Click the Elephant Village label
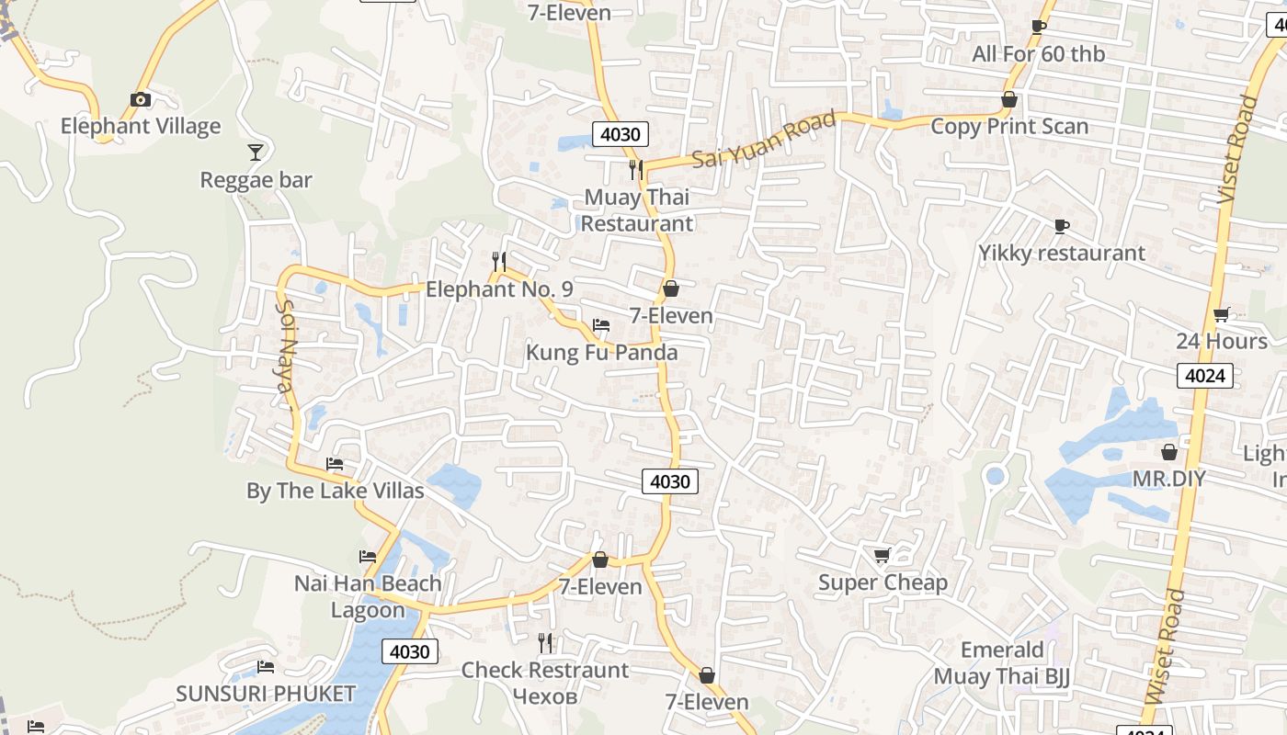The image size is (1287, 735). coord(141,126)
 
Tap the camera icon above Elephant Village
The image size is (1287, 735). coord(141,99)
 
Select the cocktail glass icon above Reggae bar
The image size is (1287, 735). coord(256,152)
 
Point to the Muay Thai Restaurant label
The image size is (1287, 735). coord(636,210)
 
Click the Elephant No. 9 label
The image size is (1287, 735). coord(499,289)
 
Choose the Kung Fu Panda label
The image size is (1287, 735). coord(601,353)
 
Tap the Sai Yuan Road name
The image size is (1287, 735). coord(764,139)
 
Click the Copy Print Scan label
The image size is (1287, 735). coord(1009,127)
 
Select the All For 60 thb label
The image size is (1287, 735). coord(1039,54)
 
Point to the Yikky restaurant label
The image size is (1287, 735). coord(1062,253)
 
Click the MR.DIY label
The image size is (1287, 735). coord(1168,479)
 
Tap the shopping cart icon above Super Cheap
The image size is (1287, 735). coord(882,555)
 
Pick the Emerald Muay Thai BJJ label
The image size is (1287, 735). coord(1001,663)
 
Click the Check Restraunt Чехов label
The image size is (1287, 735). coord(545,683)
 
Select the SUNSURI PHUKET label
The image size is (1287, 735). coord(266,694)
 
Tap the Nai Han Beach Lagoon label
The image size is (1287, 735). coord(368,596)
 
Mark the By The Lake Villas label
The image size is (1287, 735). coord(336,491)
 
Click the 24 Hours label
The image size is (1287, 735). coord(1222,341)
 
